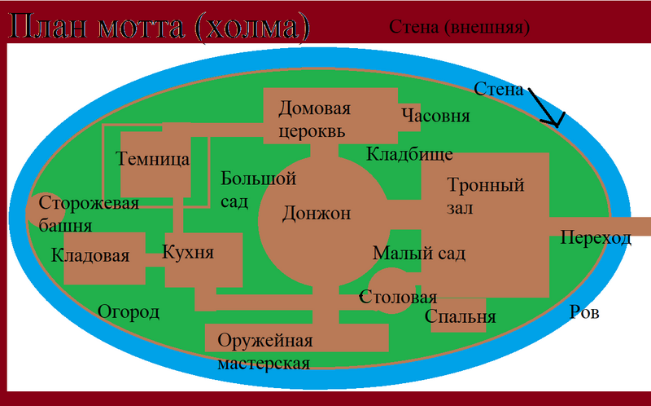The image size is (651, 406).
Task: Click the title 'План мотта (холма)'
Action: (159, 28)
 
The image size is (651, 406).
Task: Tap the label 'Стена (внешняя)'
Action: (459, 28)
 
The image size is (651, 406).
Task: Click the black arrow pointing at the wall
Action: (547, 107)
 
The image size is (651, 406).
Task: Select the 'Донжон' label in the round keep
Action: (317, 214)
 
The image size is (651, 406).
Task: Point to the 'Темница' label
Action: (152, 159)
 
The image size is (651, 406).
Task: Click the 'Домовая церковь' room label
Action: (314, 120)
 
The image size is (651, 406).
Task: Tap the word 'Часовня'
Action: (435, 116)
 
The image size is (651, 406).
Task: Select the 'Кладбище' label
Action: (409, 154)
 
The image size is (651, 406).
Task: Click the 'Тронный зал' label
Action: (485, 196)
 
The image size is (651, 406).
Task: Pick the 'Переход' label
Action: (596, 238)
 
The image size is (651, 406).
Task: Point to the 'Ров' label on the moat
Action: (584, 312)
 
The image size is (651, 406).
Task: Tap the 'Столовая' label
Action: (398, 298)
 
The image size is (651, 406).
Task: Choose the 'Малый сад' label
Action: (419, 254)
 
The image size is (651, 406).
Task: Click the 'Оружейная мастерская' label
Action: (265, 352)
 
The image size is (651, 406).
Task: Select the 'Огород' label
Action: (129, 312)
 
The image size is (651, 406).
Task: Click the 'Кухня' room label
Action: (188, 252)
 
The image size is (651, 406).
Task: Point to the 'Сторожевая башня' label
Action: (89, 214)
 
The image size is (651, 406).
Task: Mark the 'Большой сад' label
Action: (258, 190)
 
